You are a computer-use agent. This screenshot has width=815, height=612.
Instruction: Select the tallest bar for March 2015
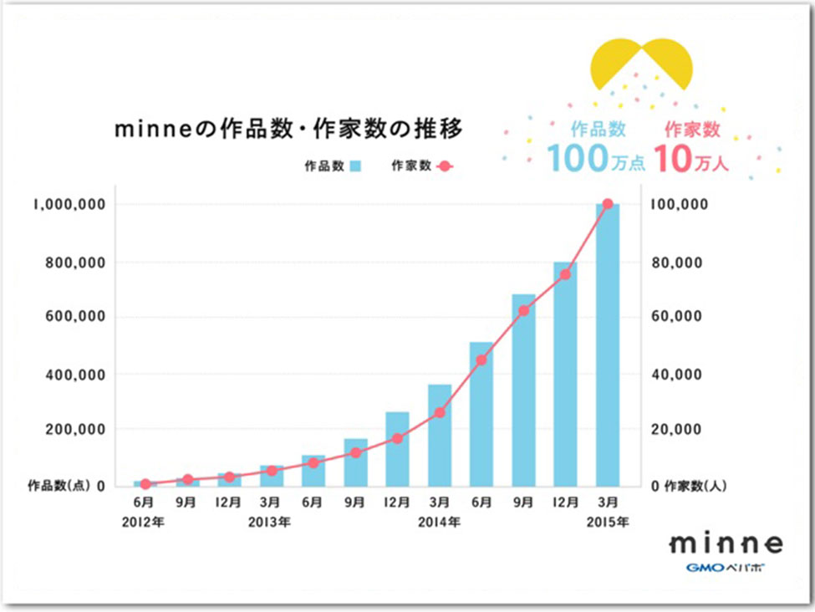coord(608,344)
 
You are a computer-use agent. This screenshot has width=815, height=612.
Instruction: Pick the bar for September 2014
coord(523,390)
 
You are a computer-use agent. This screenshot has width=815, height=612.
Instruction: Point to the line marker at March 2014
coord(440,412)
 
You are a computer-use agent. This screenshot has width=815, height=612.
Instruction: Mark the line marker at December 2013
coord(398,438)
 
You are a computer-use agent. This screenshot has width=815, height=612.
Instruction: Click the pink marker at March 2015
coord(608,204)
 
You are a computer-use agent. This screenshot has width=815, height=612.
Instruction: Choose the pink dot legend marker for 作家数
coord(445,166)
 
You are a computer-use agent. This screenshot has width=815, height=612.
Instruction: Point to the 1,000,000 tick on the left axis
coord(69,205)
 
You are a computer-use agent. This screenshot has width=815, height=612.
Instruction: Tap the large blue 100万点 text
coord(595,158)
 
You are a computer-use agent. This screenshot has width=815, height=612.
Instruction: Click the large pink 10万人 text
coord(691,158)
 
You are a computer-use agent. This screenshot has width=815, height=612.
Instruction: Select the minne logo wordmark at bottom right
coord(726,543)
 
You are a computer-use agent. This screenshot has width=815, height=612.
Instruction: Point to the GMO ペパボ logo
coord(725,569)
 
